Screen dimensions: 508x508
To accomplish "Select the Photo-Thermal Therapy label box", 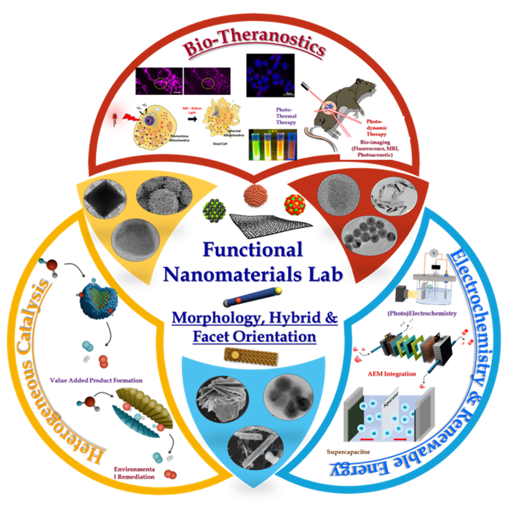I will (288, 117).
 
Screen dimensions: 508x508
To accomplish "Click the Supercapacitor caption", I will (348, 451).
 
